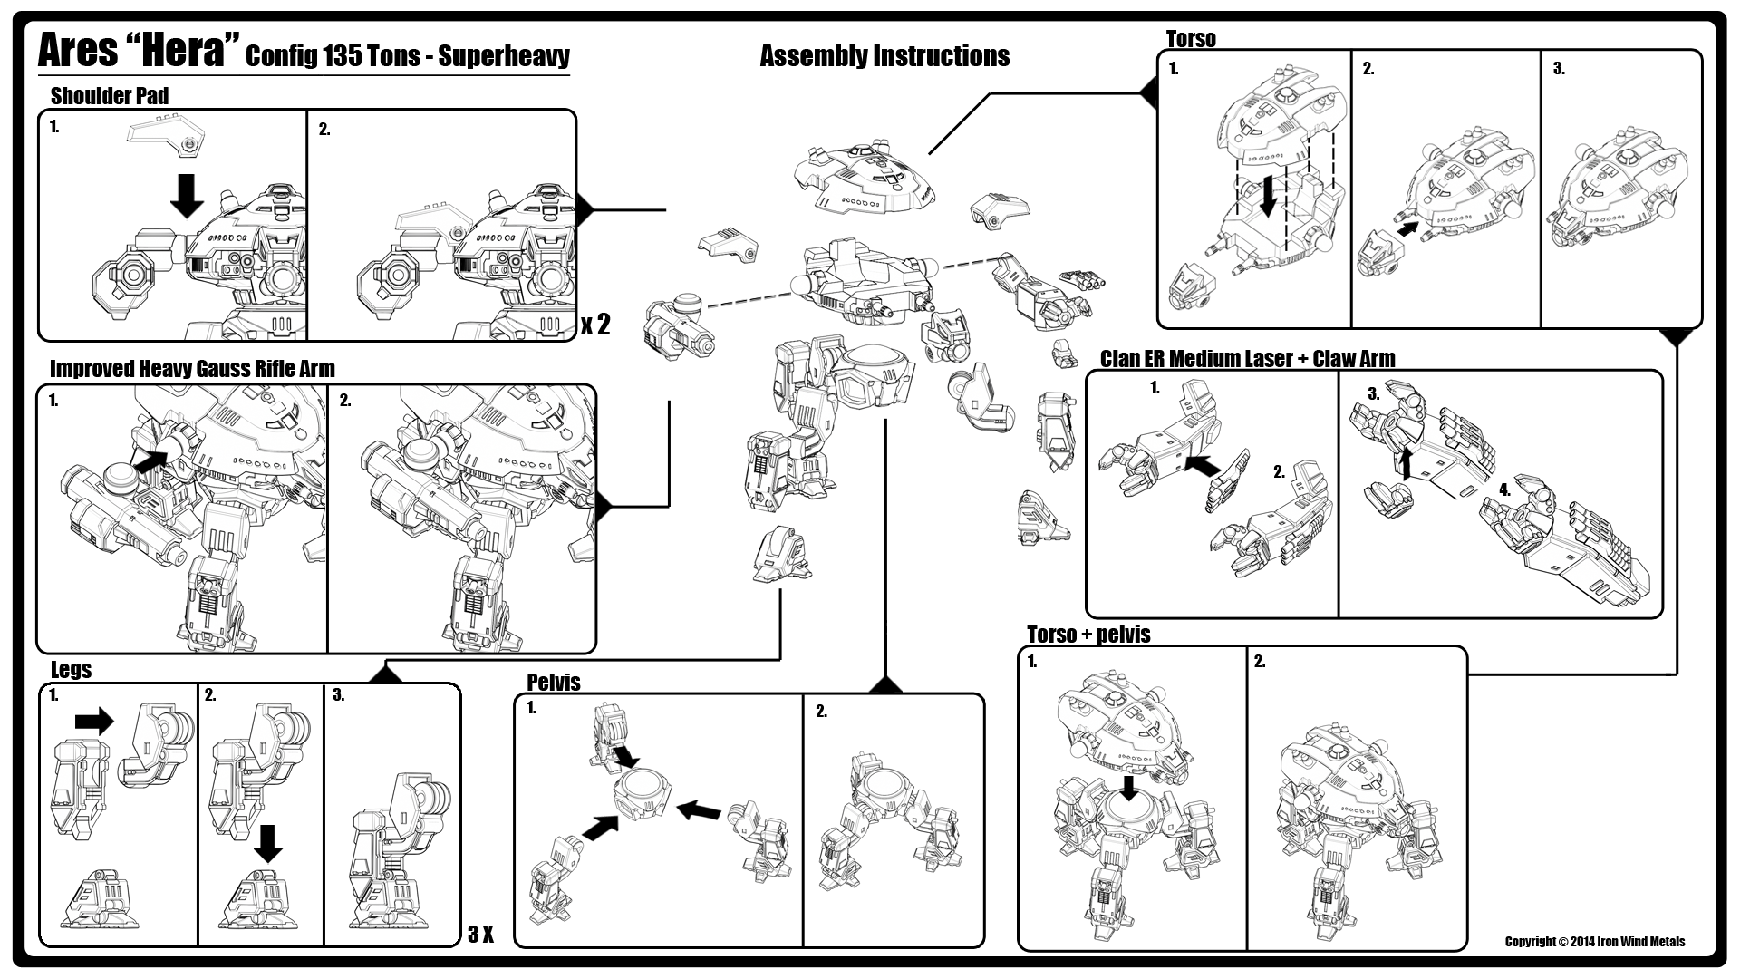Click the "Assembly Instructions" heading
pos(884,56)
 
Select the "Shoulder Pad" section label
pos(110,96)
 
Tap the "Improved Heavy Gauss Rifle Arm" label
pos(192,369)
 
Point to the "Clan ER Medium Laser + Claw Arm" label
pos(1247,359)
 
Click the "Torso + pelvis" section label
pos(1088,635)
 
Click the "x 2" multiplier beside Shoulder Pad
pos(595,325)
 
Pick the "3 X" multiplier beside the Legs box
pos(480,935)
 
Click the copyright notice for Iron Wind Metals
pos(1595,942)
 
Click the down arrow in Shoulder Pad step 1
pos(187,196)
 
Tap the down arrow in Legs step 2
pos(267,843)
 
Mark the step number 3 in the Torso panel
pos(1559,69)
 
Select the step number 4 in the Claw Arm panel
pos(1504,490)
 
